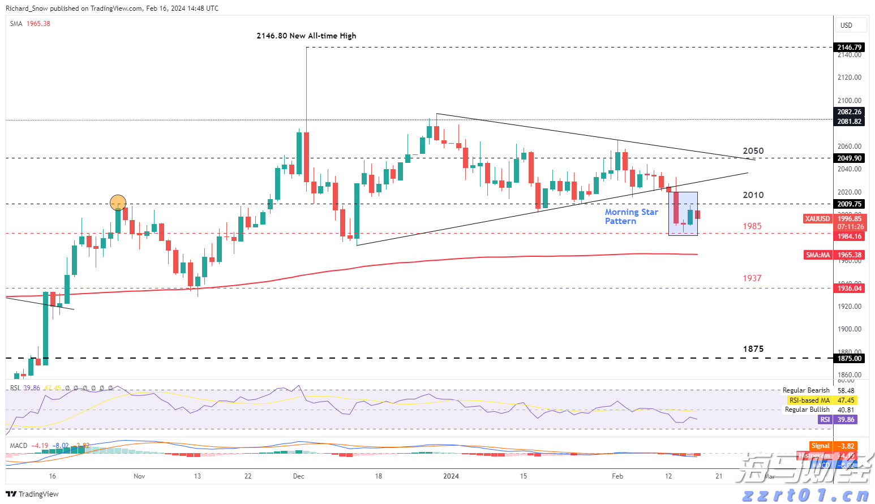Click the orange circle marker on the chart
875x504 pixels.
[118, 202]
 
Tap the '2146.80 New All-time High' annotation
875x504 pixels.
[306, 36]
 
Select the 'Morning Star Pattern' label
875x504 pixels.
[631, 216]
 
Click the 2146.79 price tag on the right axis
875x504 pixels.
[850, 48]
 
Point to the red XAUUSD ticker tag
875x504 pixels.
[817, 219]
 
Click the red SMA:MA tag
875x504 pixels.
[818, 255]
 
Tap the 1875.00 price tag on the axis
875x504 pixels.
[850, 358]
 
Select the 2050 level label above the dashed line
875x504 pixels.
[753, 151]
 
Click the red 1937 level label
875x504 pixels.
[752, 278]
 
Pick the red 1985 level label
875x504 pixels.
[752, 226]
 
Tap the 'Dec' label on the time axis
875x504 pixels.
[299, 476]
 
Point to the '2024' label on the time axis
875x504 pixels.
[451, 476]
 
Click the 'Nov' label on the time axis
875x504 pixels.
[139, 476]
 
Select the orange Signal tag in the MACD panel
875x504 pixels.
[820, 446]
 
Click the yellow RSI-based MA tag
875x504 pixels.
[809, 400]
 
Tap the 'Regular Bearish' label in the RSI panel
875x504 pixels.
[806, 390]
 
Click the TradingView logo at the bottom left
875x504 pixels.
[32, 494]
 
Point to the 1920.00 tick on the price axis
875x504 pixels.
[850, 307]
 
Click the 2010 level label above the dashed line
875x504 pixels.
[753, 195]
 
